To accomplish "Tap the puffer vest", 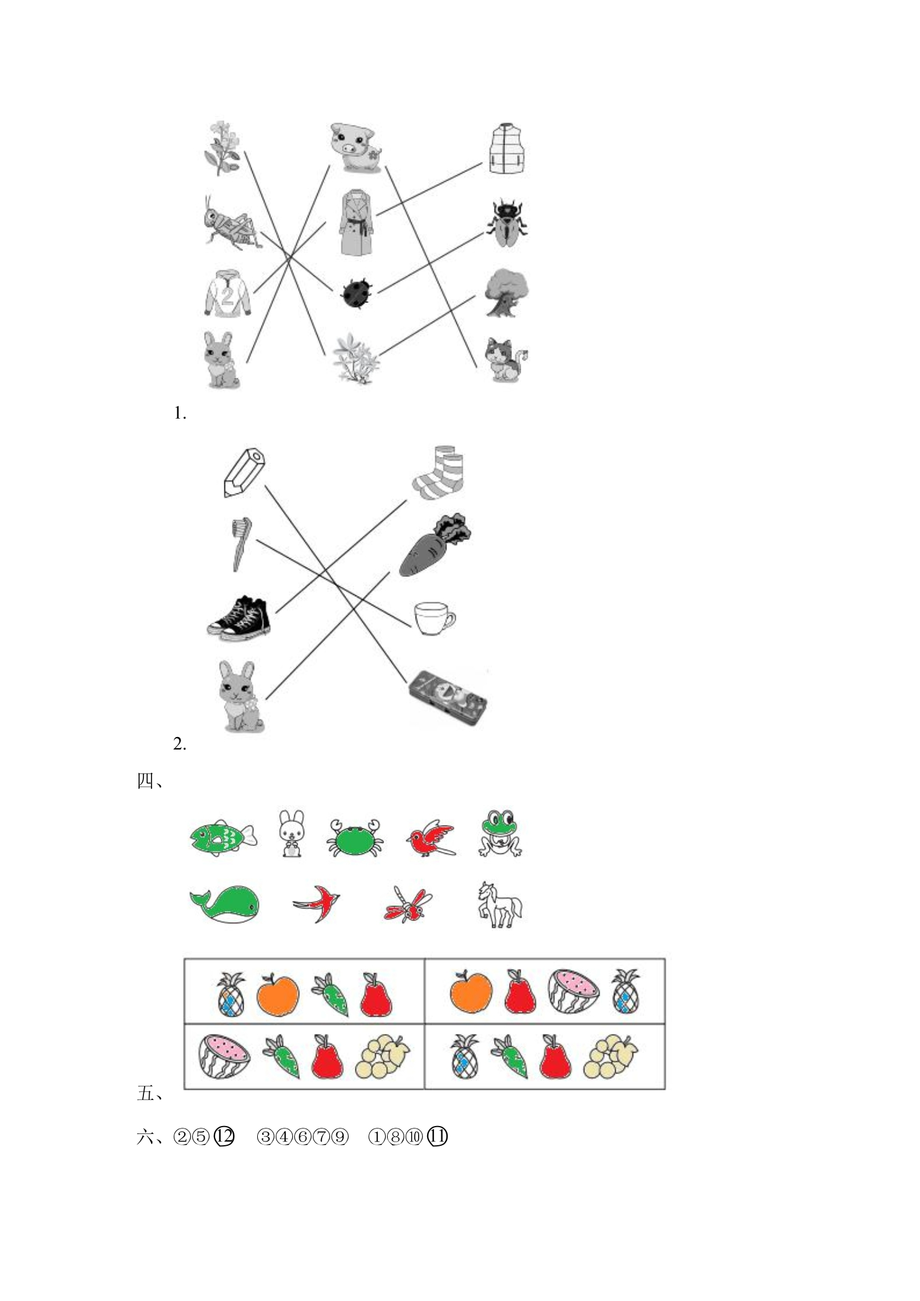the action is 507,149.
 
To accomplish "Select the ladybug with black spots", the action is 357,292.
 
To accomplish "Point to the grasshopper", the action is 230,223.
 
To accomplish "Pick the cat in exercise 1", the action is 506,359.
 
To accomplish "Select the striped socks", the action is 438,472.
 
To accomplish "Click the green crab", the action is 355,837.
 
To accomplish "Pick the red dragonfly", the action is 408,905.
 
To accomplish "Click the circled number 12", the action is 224,1137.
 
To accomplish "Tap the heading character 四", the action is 145,782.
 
